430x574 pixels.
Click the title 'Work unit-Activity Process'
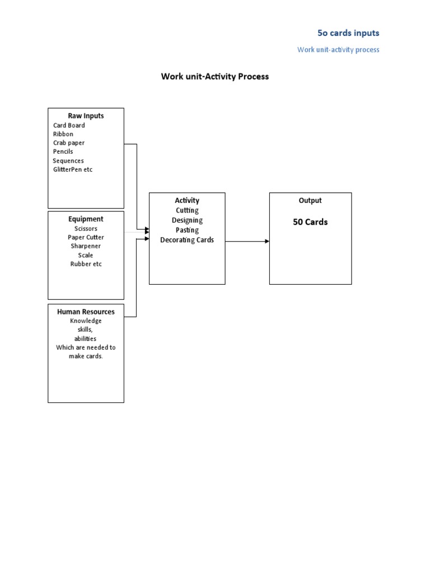coord(215,76)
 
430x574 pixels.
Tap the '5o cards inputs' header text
coord(348,33)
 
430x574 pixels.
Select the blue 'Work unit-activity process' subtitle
coord(338,50)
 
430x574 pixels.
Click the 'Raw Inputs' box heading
coord(86,116)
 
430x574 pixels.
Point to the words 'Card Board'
coord(69,126)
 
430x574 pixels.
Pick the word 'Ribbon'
coord(63,135)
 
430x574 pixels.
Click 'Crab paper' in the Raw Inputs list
coord(69,143)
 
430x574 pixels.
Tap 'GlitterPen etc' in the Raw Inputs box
coord(73,170)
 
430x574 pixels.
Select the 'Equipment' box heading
coord(86,219)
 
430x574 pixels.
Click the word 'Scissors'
coord(86,229)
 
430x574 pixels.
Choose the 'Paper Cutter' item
coord(86,237)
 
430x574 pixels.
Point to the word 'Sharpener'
coord(86,246)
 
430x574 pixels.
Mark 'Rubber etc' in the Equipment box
coord(86,264)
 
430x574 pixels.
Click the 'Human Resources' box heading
coord(86,312)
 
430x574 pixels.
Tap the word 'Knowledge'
coord(86,321)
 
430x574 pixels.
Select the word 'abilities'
coord(86,339)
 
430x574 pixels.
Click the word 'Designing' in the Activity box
coord(187,220)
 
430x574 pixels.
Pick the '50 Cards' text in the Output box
coord(310,222)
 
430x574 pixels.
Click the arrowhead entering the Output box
coord(267,241)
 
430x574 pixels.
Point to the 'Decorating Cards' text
coord(187,240)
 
